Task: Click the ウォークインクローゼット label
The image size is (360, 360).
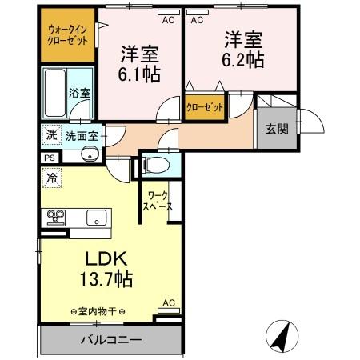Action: coord(67,33)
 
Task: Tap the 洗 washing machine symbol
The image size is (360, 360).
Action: coord(50,135)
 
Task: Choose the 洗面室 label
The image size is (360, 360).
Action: coord(82,136)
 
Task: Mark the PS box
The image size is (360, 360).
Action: coord(49,158)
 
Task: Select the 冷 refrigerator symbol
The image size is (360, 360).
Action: coord(50,178)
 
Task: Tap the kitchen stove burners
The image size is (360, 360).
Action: coord(56,217)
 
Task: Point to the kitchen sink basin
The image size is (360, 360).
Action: coord(95,217)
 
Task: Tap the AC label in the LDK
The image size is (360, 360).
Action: coord(169,303)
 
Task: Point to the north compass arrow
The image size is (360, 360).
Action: coord(281,335)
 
